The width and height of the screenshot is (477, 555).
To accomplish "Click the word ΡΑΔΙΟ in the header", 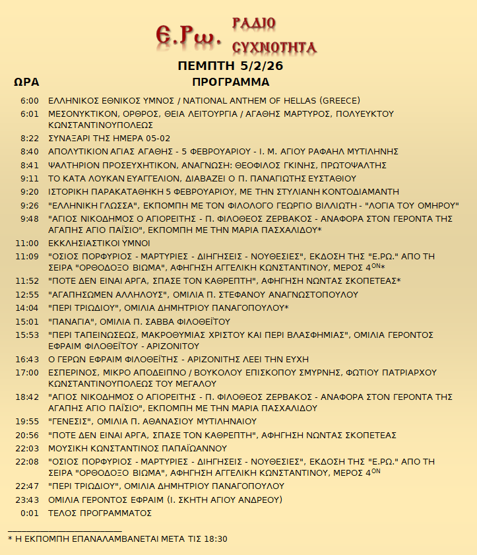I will tap(254, 23).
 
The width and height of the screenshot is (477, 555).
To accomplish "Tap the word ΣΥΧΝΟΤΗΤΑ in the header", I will tap(274, 47).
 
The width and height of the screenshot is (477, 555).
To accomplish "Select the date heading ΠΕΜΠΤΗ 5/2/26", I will tap(231, 67).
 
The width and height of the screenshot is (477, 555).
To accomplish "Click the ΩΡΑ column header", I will tap(26, 82).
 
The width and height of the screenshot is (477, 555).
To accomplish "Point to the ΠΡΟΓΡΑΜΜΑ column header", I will tap(231, 82).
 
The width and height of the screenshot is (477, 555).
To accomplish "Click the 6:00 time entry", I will tap(30, 101).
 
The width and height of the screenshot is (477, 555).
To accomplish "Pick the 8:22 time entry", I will tap(30, 139).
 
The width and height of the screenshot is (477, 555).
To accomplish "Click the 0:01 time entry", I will tap(30, 513).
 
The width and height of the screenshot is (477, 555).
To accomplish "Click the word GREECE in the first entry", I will tap(339, 101).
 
